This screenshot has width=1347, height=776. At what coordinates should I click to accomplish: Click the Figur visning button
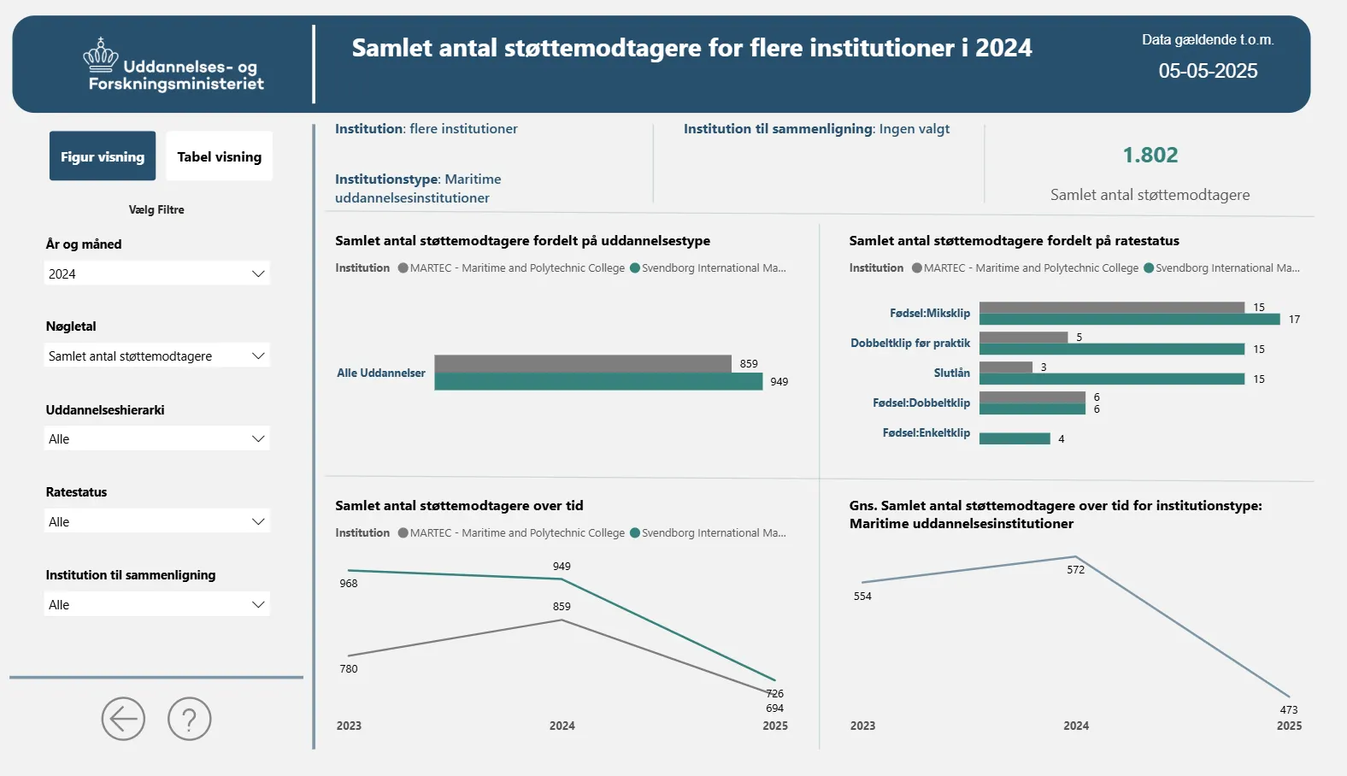click(x=103, y=156)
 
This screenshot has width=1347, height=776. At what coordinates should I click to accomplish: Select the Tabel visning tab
click(x=219, y=156)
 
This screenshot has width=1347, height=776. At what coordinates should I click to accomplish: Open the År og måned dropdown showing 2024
click(x=157, y=273)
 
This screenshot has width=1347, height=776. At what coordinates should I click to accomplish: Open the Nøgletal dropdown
click(x=157, y=356)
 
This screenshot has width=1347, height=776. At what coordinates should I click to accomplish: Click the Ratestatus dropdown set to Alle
click(x=157, y=521)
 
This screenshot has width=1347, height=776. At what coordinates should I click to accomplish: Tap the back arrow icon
click(x=123, y=719)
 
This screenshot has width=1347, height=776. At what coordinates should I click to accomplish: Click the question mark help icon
click(x=189, y=719)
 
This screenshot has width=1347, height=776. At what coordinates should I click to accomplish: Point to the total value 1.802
click(x=1150, y=156)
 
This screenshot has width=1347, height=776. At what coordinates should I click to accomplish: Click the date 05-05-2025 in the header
click(x=1208, y=71)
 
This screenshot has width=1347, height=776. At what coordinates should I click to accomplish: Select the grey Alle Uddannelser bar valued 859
click(x=582, y=363)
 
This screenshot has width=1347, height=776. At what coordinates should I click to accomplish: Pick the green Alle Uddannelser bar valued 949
click(x=598, y=381)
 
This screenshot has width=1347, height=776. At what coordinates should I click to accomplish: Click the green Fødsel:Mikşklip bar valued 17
click(x=1129, y=320)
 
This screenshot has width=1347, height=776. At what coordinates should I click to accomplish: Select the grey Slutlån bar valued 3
click(x=1006, y=367)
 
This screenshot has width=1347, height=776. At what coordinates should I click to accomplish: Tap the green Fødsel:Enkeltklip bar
click(x=1015, y=438)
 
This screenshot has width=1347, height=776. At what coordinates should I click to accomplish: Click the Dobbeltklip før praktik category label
click(x=910, y=343)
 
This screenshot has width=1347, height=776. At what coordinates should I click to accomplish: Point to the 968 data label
click(x=349, y=584)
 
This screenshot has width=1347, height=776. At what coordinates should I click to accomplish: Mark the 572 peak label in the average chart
click(x=1075, y=570)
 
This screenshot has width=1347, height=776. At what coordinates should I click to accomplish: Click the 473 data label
click(x=1289, y=709)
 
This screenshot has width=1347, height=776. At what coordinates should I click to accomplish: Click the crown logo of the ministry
click(x=101, y=55)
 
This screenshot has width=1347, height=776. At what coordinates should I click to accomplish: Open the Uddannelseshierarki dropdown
click(x=157, y=438)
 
